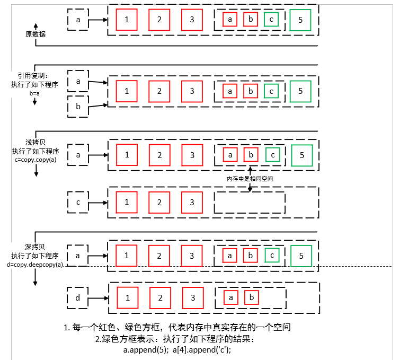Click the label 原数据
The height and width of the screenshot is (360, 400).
(x=35, y=34)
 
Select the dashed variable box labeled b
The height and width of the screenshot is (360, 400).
(x=78, y=107)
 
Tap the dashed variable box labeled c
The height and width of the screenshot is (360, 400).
(x=78, y=203)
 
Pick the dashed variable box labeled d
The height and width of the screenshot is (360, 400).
(x=78, y=298)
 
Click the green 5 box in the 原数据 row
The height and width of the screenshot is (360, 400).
(x=300, y=20)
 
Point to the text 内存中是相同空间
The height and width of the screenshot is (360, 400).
(x=250, y=179)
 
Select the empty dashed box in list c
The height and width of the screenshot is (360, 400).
(x=250, y=203)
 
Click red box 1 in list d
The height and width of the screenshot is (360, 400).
(x=127, y=297)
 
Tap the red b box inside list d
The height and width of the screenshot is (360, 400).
(x=252, y=297)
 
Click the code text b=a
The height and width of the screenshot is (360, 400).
(x=35, y=93)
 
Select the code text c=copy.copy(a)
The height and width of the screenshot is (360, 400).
(x=35, y=159)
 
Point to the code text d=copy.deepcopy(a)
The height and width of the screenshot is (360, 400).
(x=35, y=264)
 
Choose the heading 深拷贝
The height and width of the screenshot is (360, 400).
(x=35, y=247)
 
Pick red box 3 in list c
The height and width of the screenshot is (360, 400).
(x=192, y=202)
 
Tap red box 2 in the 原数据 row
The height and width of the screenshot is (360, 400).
(x=159, y=20)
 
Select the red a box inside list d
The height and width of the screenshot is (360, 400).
(x=231, y=297)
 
